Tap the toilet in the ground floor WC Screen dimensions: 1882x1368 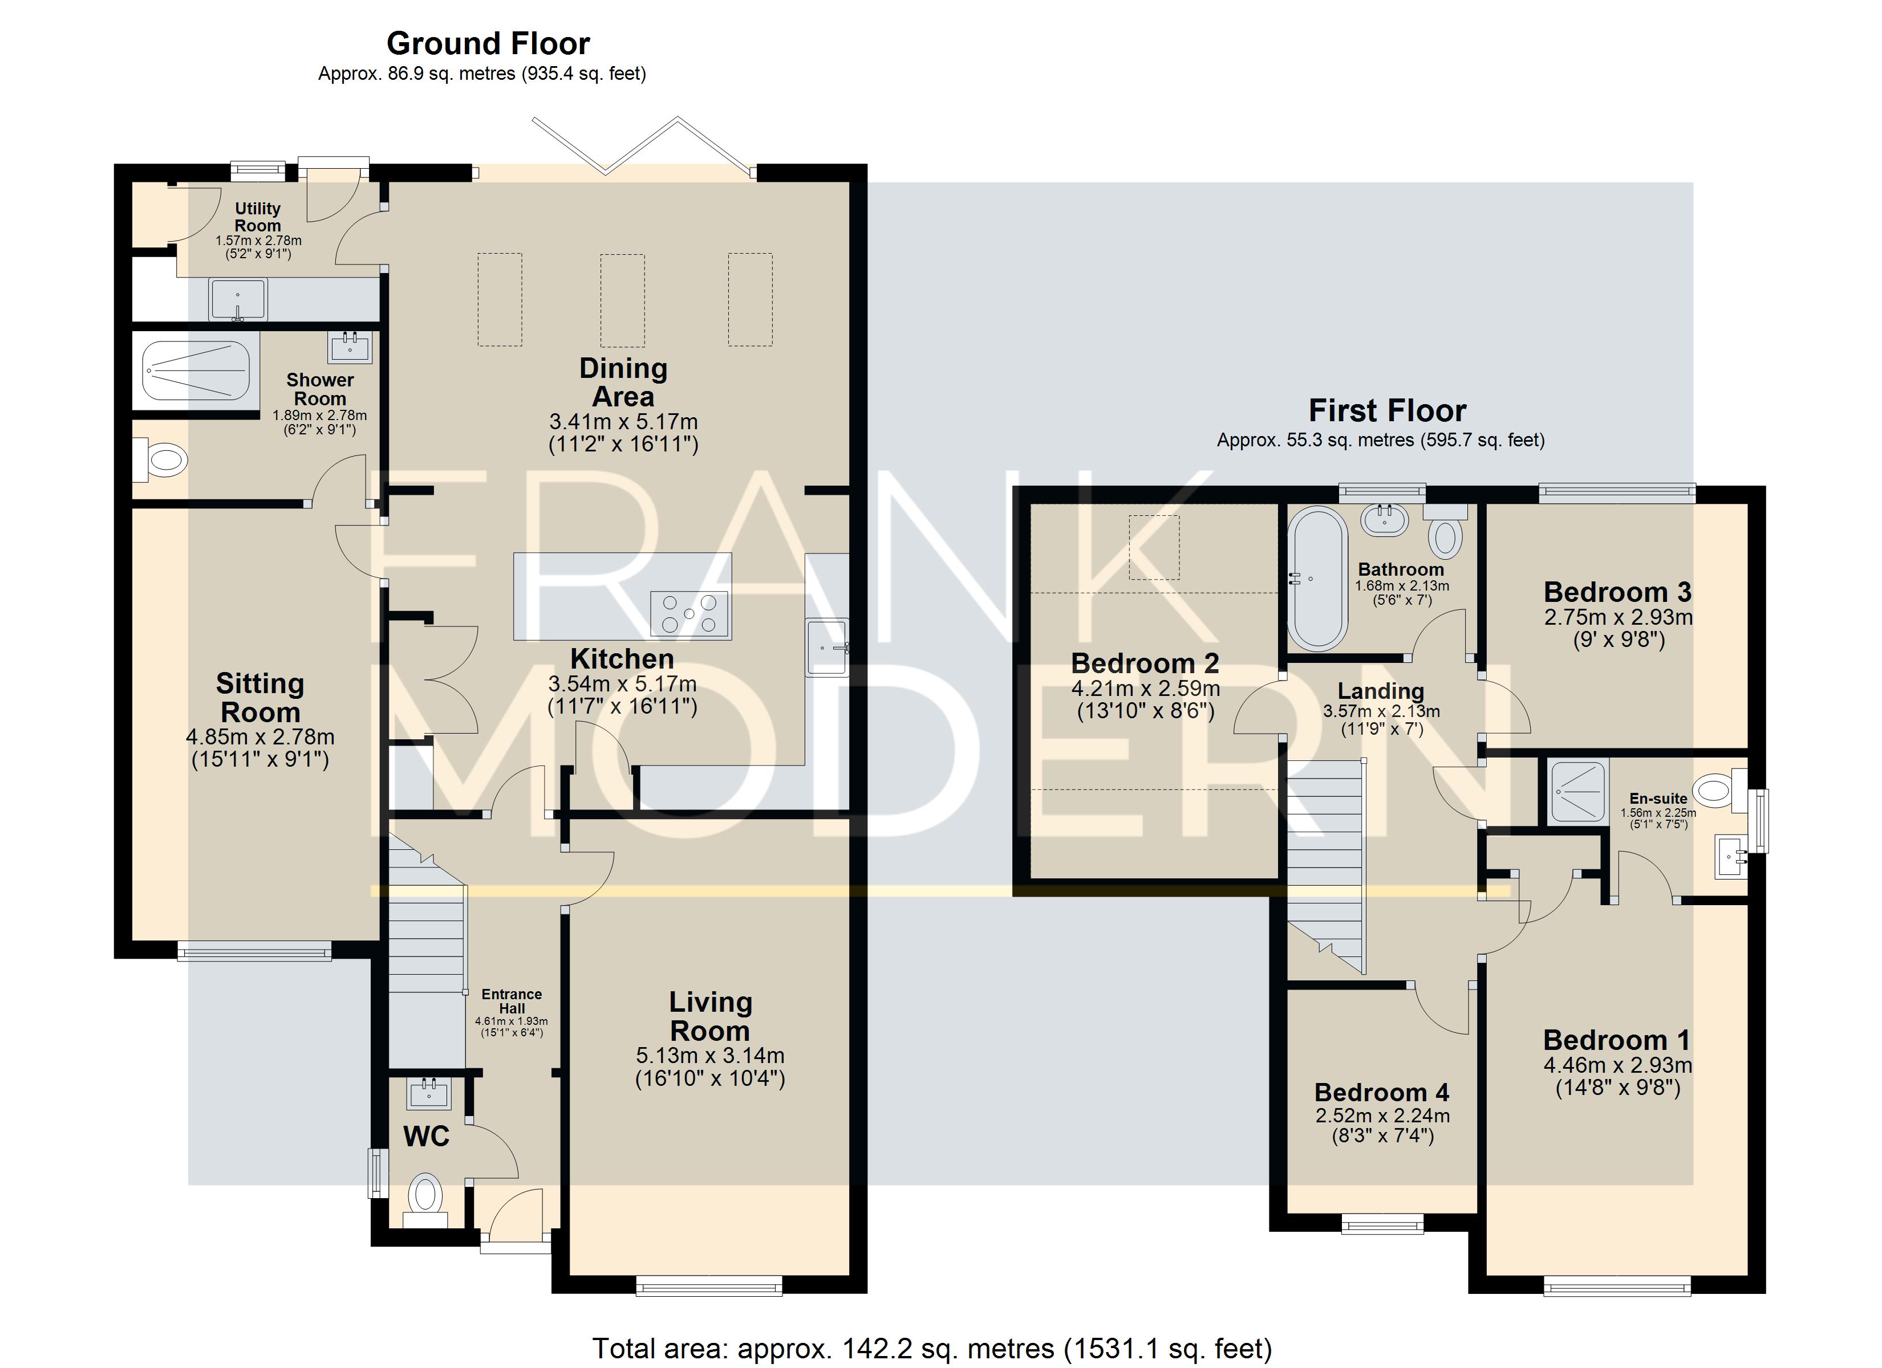click(x=425, y=1199)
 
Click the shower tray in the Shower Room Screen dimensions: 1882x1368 click(x=196, y=370)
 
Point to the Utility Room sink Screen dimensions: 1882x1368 click(x=238, y=299)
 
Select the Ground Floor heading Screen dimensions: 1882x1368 click(x=488, y=43)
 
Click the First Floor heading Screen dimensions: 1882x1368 click(x=1388, y=410)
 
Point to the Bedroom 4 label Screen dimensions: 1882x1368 click(x=1382, y=1093)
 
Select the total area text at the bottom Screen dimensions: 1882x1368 click(x=932, y=1349)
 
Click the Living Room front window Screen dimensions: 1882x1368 click(x=709, y=1286)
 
